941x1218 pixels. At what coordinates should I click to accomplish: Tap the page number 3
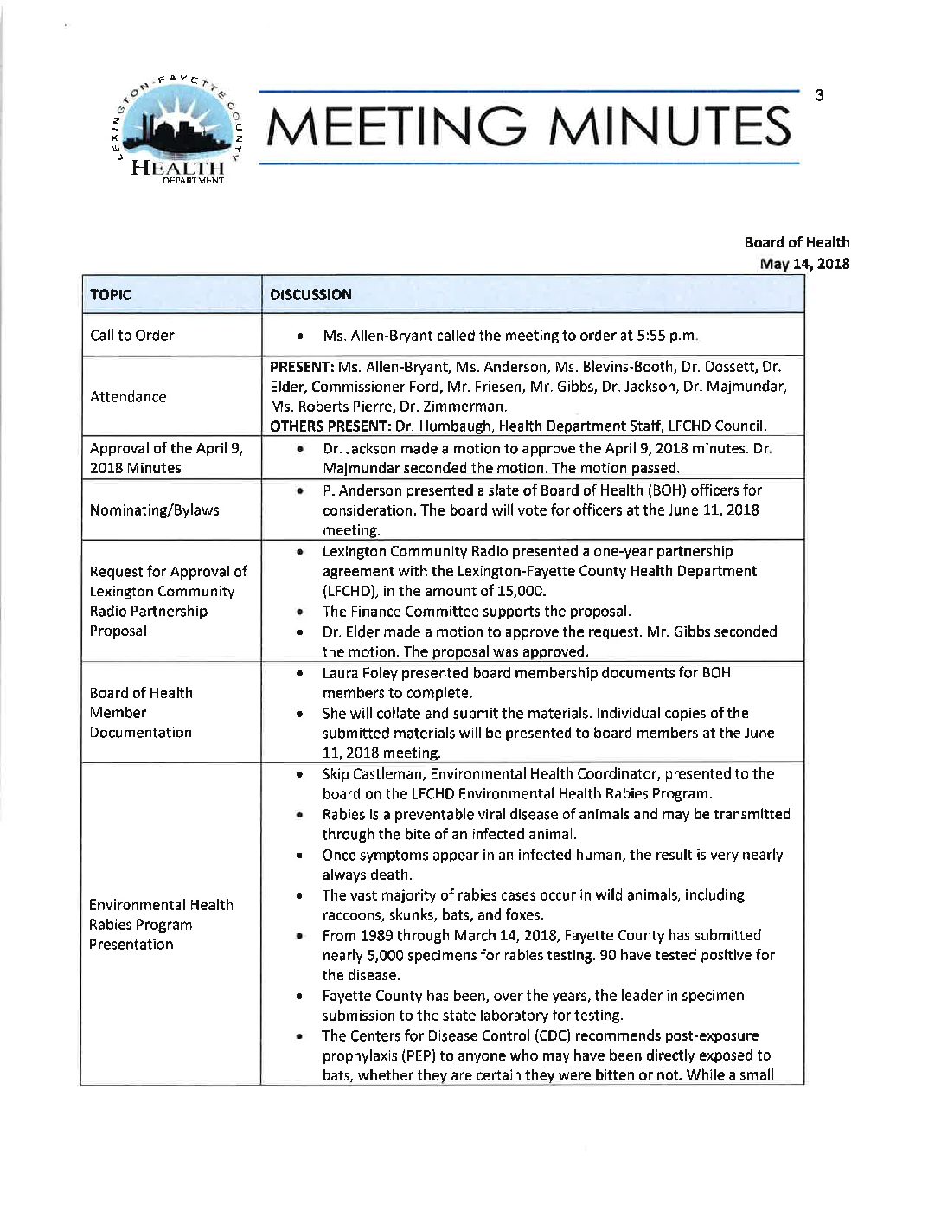click(818, 95)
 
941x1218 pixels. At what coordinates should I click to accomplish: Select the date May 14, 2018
click(804, 264)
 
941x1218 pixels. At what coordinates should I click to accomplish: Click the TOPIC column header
click(111, 294)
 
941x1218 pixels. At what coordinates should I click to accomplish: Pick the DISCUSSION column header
click(310, 294)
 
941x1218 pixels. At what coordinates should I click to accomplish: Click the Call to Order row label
click(132, 335)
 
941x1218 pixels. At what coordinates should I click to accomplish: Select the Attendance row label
click(128, 396)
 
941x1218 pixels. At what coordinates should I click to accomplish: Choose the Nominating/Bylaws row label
click(154, 510)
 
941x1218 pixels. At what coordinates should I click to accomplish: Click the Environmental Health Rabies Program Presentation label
click(161, 924)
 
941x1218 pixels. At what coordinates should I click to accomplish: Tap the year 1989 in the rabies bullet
click(377, 935)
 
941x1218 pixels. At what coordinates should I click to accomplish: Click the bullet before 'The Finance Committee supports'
click(298, 612)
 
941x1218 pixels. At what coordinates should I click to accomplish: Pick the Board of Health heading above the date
click(797, 242)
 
